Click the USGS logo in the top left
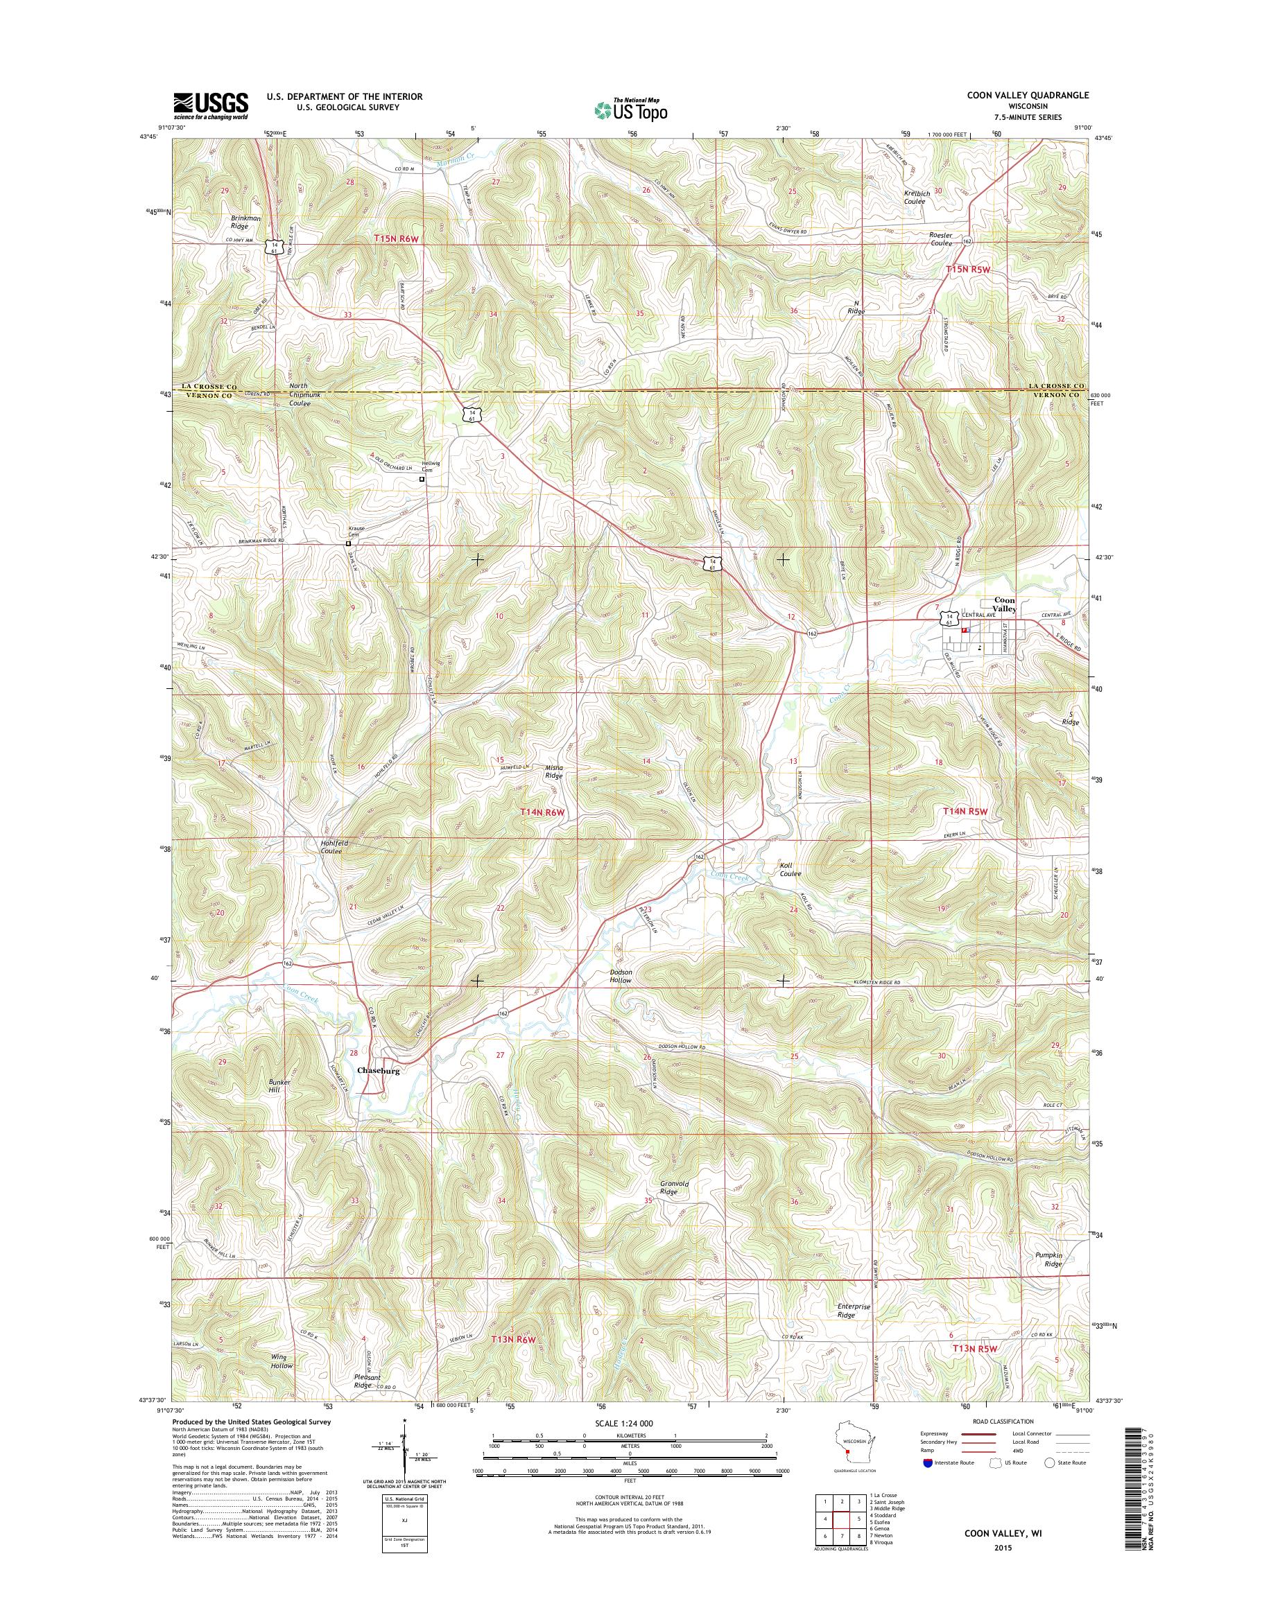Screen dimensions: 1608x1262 pos(211,105)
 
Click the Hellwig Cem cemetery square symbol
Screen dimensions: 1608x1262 pos(422,480)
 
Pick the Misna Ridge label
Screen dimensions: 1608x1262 pos(553,771)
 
